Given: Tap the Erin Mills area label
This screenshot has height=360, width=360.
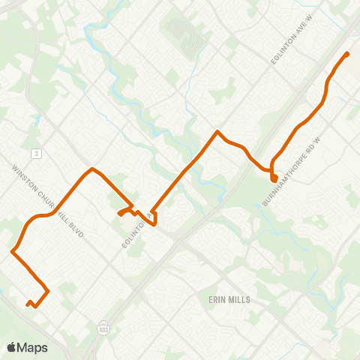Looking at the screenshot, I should tap(229, 298).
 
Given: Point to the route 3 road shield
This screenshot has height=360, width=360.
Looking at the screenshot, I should tap(35, 153).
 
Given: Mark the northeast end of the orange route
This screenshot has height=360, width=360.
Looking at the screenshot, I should tap(346, 54).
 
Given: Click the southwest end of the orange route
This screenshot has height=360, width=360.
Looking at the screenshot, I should tap(28, 304).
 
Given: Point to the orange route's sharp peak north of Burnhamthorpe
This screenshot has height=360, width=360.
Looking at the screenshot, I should tap(217, 132).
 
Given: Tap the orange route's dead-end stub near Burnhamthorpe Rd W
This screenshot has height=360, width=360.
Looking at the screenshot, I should tap(274, 178).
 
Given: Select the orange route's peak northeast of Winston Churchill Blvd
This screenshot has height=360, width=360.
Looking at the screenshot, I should tap(92, 169).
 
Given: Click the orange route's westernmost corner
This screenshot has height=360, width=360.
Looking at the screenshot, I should tap(13, 251).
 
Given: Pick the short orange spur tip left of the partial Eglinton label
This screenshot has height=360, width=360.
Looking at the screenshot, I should tap(120, 214).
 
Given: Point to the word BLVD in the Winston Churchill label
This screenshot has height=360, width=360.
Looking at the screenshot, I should tap(73, 229).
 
